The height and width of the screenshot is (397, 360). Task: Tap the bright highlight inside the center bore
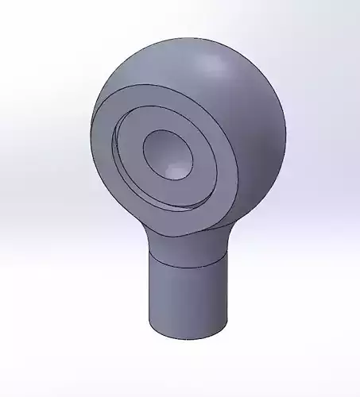coord(174,168)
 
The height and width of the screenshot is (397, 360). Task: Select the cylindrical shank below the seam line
coord(188,298)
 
